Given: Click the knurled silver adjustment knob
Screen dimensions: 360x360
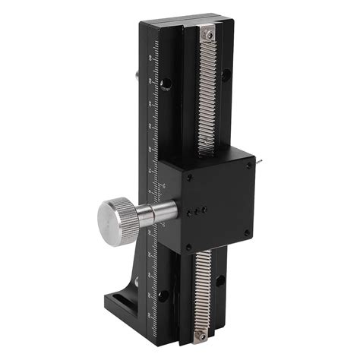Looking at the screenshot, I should [x=116, y=216].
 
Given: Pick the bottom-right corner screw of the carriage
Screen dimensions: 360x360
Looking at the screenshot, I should [x=246, y=232].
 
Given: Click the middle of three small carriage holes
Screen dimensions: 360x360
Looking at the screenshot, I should [x=200, y=210].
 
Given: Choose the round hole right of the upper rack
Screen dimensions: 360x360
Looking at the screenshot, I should [x=225, y=74].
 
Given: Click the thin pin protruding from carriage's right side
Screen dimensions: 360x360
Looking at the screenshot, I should [x=258, y=159].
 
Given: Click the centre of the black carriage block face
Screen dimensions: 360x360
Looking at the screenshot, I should [x=216, y=199].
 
